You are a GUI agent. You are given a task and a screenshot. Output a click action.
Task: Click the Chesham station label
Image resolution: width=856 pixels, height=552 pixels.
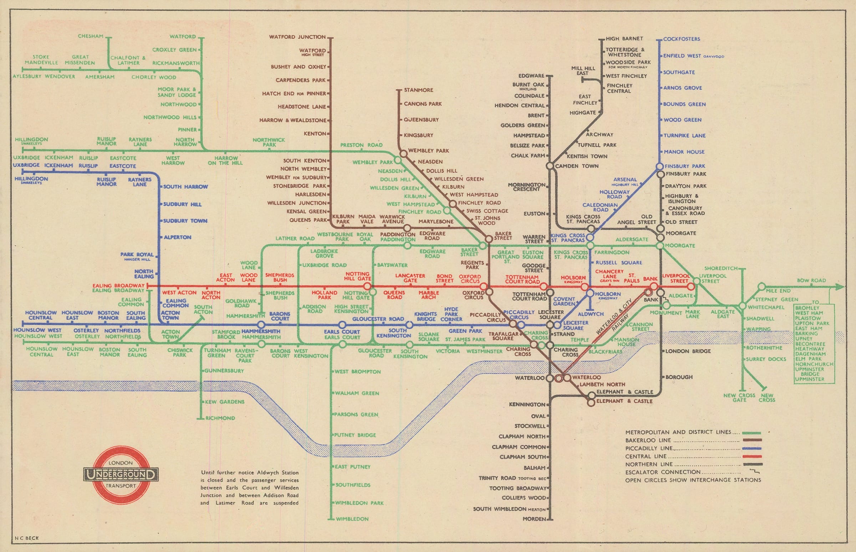(90, 36)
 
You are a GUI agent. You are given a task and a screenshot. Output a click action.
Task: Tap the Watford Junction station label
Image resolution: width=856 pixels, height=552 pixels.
(297, 37)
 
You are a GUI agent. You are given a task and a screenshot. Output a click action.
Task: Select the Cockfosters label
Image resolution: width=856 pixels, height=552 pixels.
(681, 39)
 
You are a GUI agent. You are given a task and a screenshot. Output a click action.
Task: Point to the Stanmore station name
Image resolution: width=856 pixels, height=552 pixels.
(418, 90)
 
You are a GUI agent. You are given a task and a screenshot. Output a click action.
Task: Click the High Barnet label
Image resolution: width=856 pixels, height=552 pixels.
(624, 39)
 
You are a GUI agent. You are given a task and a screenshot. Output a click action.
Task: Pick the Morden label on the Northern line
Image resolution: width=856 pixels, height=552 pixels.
(534, 519)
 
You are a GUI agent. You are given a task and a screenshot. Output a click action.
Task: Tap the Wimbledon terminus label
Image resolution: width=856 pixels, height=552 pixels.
(352, 519)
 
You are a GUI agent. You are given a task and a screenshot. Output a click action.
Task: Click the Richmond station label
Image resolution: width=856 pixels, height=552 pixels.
(220, 418)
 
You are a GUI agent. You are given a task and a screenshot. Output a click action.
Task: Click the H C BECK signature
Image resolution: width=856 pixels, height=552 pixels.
(26, 538)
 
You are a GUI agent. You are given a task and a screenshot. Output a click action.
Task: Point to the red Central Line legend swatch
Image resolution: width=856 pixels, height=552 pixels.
(751, 456)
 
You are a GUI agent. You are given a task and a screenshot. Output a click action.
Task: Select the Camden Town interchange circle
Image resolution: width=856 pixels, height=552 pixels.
(550, 166)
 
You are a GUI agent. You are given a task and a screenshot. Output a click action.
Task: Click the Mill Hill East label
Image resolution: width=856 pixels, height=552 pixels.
(583, 71)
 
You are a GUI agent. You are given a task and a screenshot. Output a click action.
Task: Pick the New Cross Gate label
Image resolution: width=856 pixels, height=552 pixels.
(739, 397)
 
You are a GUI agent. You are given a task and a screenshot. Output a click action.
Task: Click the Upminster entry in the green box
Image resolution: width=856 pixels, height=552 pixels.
(810, 379)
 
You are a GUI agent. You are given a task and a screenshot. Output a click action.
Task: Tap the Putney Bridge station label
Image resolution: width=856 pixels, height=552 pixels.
(355, 435)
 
